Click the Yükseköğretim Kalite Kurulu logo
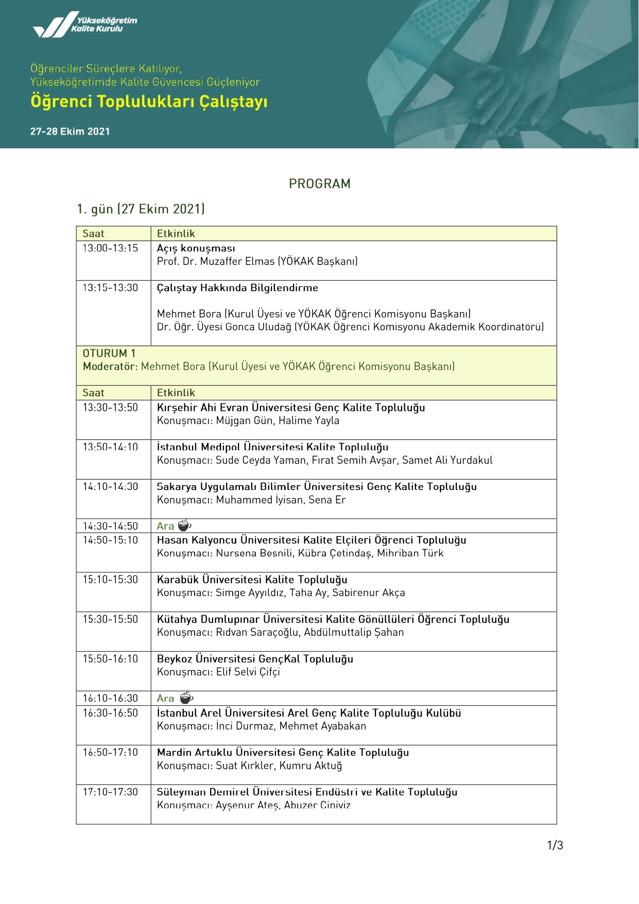point(85,25)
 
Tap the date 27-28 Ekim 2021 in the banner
point(70,131)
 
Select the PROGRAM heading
point(319,184)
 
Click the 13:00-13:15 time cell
point(111,248)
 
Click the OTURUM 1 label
point(109,353)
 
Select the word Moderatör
point(110,367)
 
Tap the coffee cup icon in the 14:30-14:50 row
point(184,526)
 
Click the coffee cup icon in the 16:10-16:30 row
point(186,698)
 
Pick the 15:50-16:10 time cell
point(111,659)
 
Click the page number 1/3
point(555,845)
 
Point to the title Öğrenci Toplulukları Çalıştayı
point(149,101)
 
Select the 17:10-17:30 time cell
point(111,792)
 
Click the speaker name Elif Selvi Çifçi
point(248,672)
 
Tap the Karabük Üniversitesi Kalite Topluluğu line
point(252,579)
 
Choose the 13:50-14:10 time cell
point(111,447)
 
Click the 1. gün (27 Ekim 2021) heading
point(141,209)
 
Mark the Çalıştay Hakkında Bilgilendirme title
point(237,288)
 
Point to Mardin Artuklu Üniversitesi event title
point(283,753)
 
